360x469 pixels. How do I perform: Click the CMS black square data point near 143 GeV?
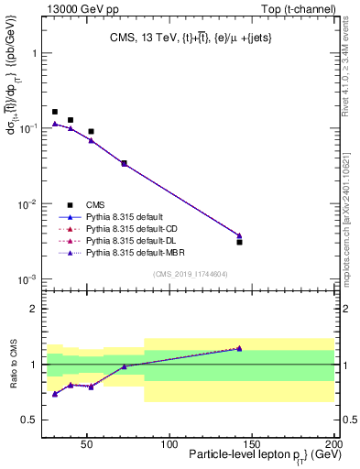pos(239,242)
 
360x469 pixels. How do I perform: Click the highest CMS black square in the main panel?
pos(55,112)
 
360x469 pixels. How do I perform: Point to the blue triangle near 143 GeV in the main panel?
pos(239,235)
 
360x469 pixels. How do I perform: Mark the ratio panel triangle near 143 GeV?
pos(239,348)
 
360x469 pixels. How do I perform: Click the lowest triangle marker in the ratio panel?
pos(55,394)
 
